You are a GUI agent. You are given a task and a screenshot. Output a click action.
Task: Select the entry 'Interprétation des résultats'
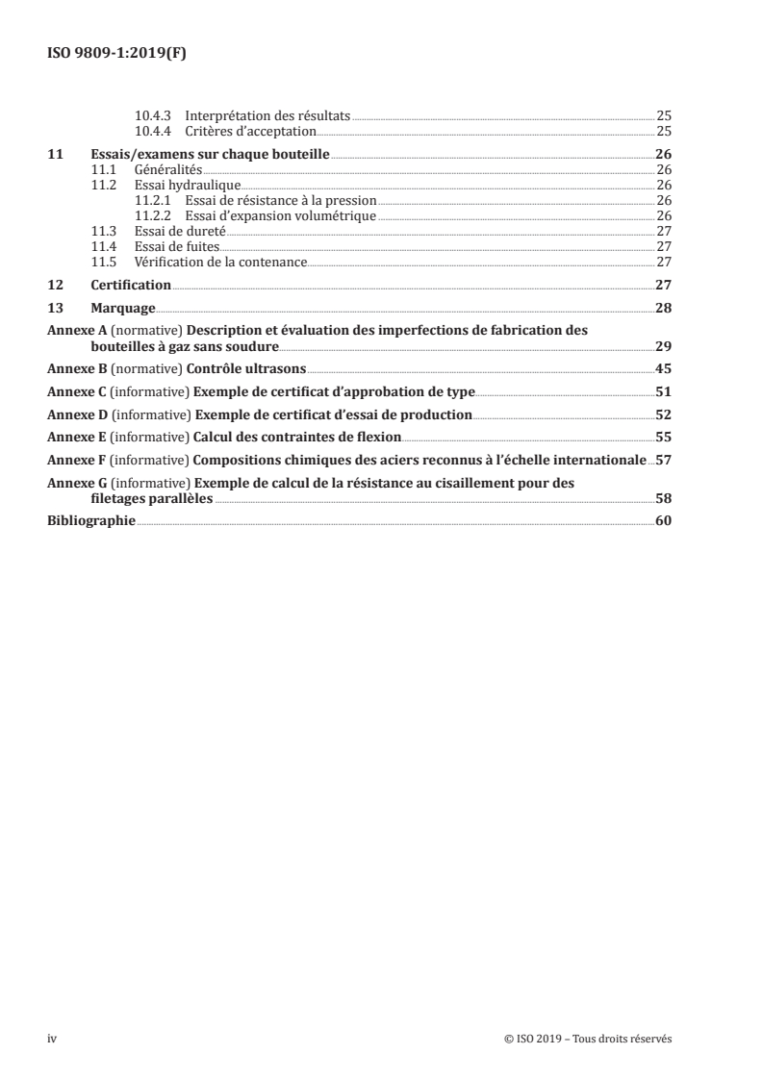point(267,115)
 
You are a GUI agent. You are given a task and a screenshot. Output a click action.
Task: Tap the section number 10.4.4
point(152,132)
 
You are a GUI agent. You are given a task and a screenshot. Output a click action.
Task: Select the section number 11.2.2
point(152,216)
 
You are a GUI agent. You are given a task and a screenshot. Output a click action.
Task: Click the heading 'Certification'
point(131,285)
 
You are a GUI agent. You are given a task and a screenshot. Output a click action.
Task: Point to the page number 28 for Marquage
point(663,309)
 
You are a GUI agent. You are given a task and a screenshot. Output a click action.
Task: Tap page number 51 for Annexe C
point(663,392)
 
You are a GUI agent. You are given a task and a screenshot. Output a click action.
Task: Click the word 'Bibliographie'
point(91,521)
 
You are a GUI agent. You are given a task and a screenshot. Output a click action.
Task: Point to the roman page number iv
point(53,1040)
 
